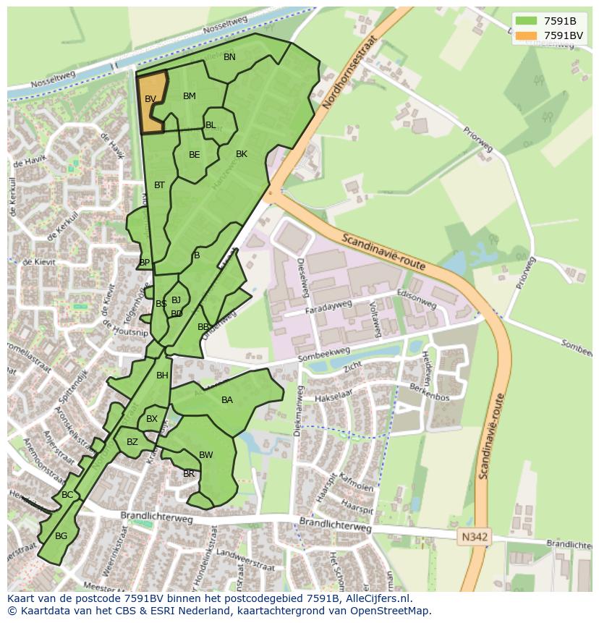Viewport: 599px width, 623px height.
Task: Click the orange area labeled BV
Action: (x=151, y=101)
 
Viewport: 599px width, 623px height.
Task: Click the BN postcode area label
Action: (x=229, y=57)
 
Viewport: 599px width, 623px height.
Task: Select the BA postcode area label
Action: (x=227, y=400)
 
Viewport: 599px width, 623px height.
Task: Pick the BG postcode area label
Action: (x=61, y=535)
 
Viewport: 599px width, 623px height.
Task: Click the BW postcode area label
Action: (x=206, y=455)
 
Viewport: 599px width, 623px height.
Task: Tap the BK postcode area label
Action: (x=242, y=154)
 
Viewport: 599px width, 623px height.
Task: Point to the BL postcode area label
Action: (x=211, y=125)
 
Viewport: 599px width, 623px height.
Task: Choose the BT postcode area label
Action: (x=159, y=185)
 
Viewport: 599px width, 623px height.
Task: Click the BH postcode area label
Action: (x=162, y=376)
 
